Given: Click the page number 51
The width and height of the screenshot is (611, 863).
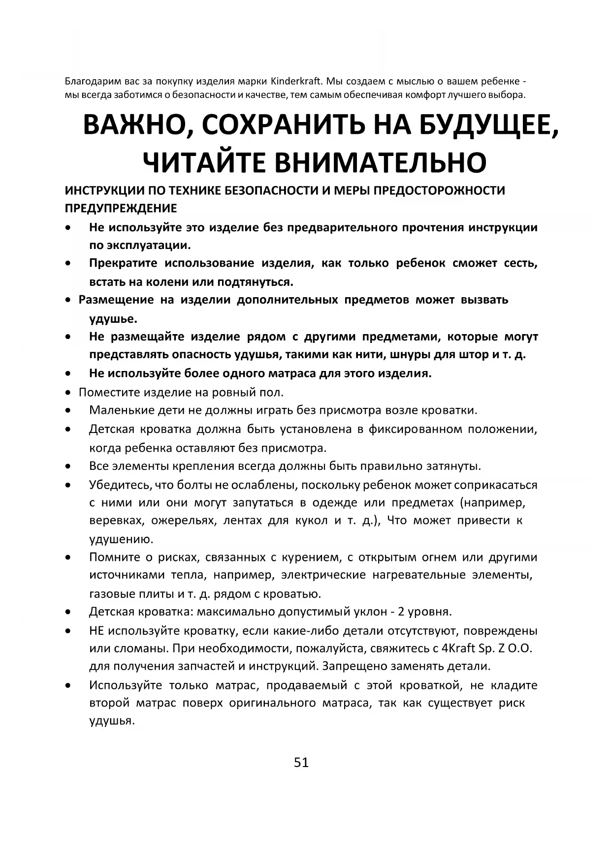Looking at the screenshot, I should (301, 762).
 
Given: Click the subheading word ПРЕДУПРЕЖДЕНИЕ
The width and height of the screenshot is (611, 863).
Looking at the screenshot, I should (121, 209).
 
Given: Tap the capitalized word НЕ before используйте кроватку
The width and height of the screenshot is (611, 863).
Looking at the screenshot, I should (96, 631).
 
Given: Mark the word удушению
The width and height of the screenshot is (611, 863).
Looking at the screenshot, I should (121, 539).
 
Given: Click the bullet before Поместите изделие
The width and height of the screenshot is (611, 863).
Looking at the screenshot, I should (68, 393).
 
